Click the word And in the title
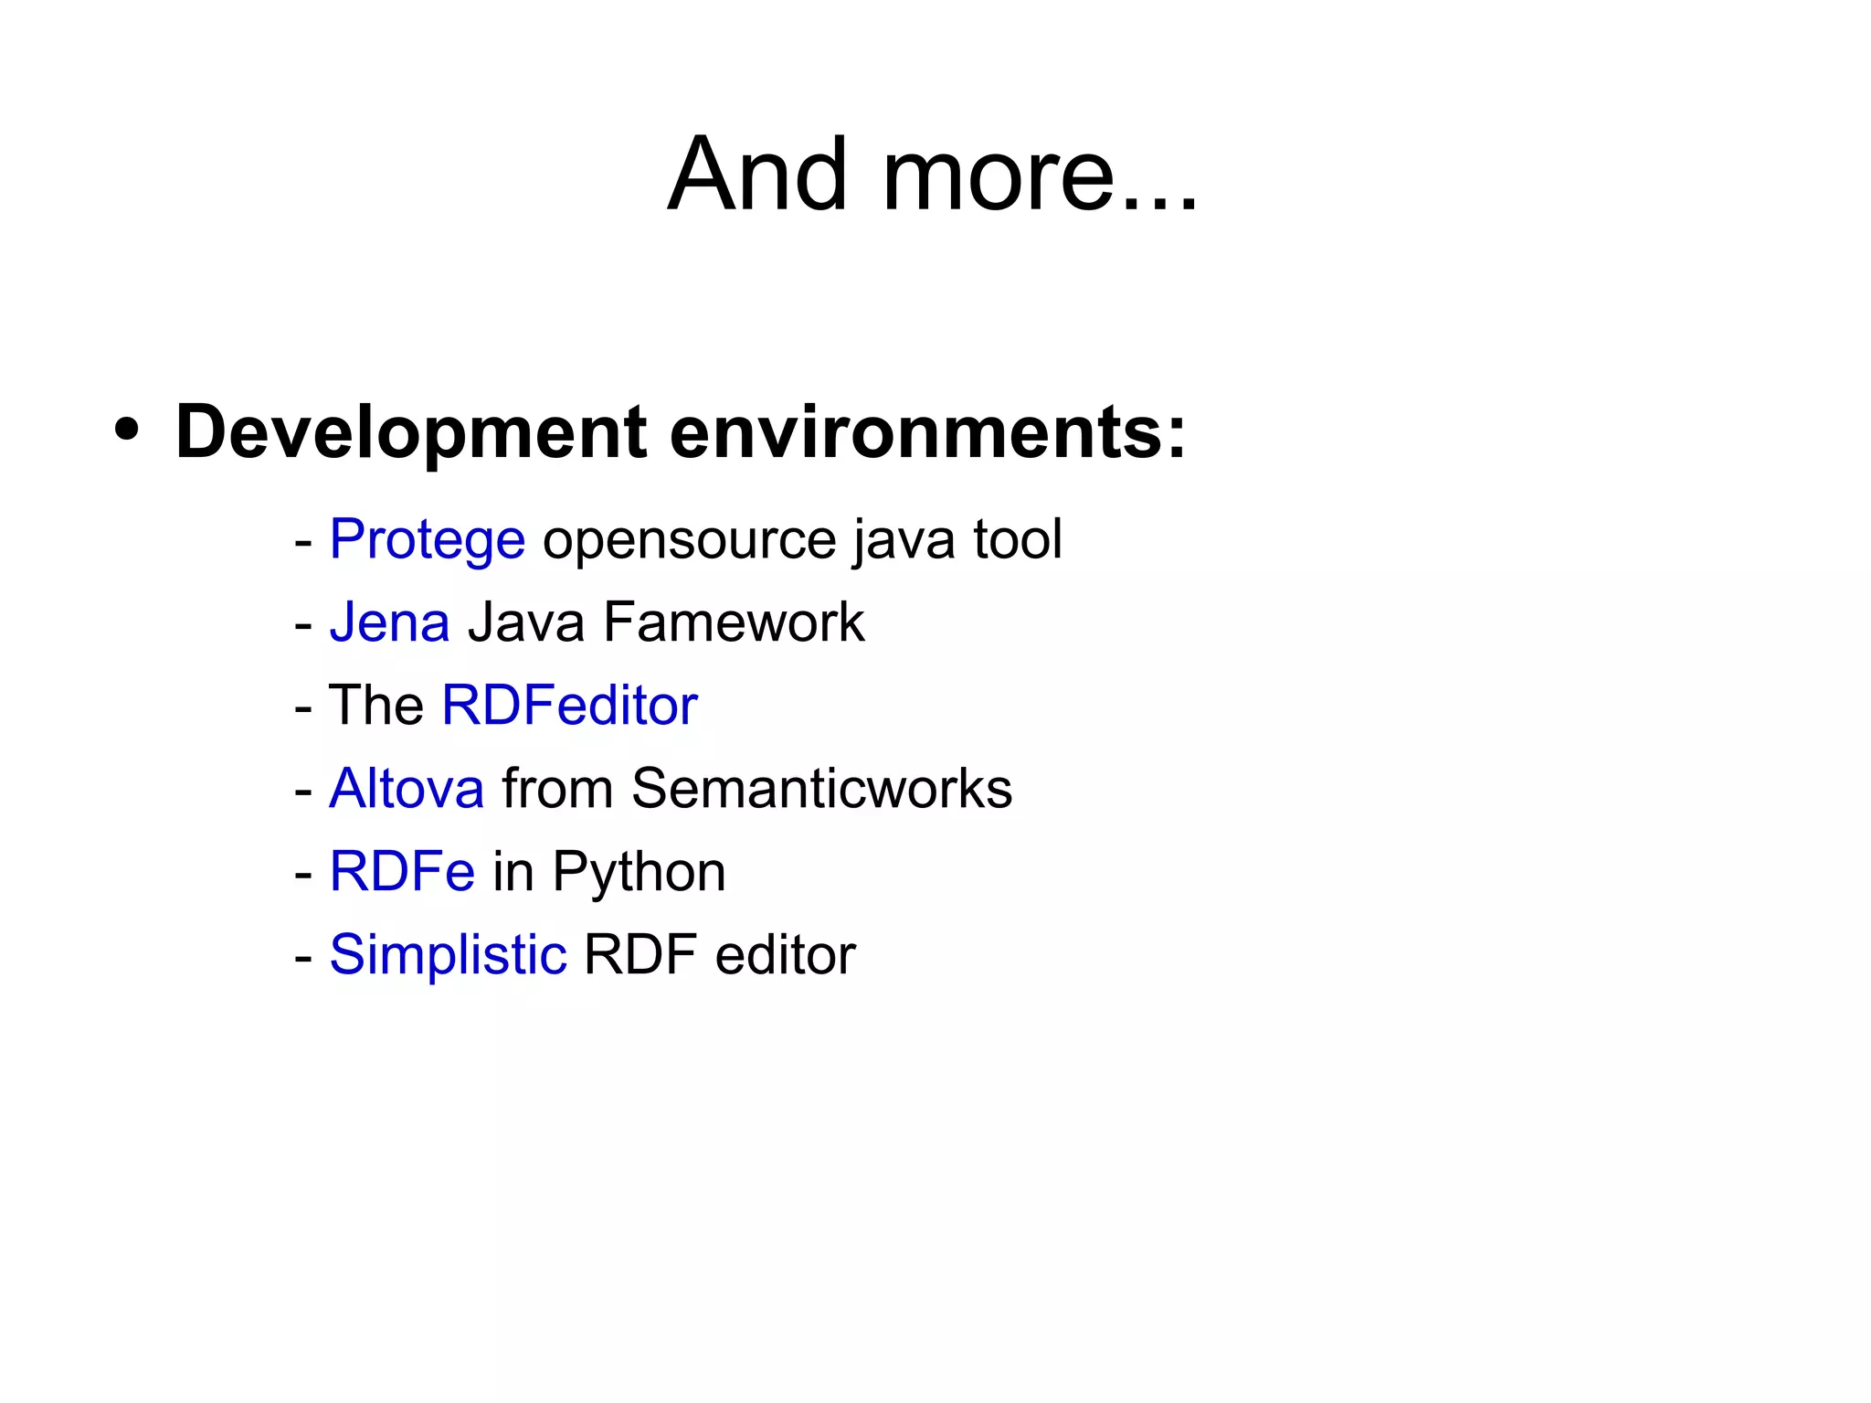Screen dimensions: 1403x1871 758,174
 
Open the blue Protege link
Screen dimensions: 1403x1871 427,539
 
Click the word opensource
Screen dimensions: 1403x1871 689,539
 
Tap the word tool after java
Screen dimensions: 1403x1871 1018,539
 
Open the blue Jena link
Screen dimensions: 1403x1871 389,622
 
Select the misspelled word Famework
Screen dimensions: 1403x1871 734,622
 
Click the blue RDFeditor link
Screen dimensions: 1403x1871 569,706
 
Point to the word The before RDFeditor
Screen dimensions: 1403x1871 375,706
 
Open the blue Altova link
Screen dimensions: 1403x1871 407,788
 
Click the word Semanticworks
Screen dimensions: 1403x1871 821,788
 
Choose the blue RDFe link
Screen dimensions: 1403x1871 402,871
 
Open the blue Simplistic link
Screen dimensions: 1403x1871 448,955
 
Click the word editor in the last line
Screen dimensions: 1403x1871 785,955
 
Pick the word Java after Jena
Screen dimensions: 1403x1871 526,622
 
